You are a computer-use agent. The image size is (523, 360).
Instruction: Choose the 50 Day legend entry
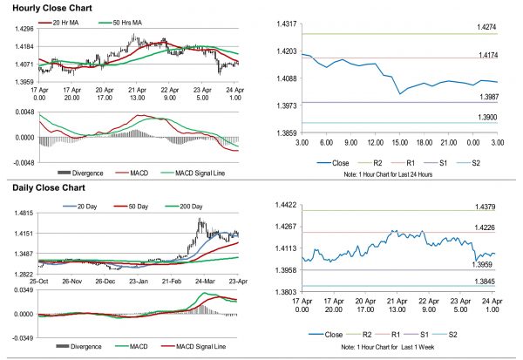click(139, 206)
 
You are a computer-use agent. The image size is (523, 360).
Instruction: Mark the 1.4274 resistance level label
click(484, 29)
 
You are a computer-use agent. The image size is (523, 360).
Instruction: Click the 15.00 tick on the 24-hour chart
click(400, 141)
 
